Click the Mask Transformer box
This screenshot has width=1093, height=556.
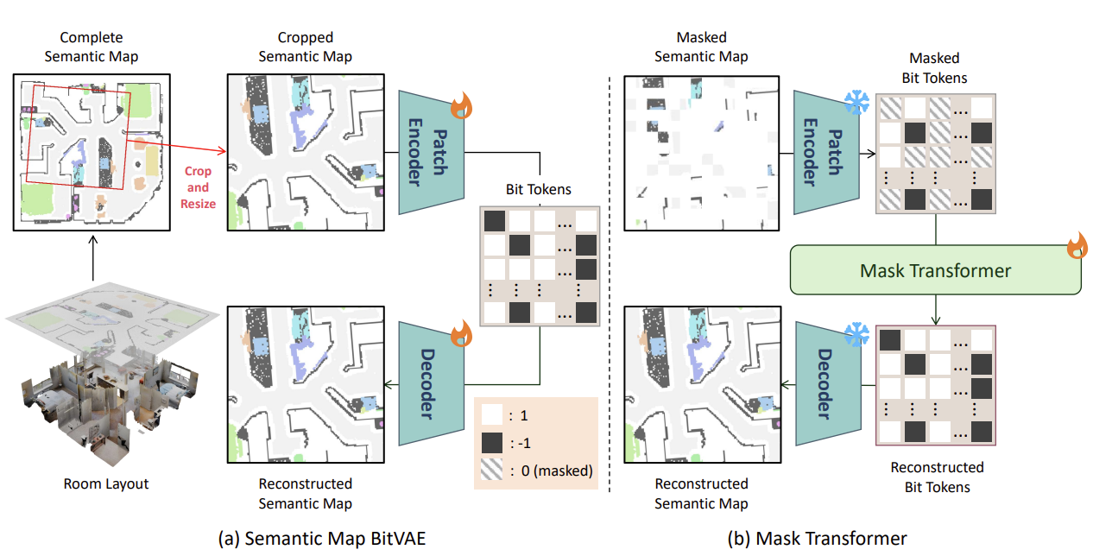(x=935, y=270)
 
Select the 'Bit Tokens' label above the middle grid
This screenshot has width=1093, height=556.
(x=540, y=188)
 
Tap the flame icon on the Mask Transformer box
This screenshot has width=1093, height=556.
(x=1077, y=247)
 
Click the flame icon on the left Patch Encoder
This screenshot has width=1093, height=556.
(x=463, y=110)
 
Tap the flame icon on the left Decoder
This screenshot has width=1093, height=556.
(x=463, y=331)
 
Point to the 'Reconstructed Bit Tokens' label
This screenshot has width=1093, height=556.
(x=937, y=477)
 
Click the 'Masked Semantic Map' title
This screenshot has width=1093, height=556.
(x=701, y=47)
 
